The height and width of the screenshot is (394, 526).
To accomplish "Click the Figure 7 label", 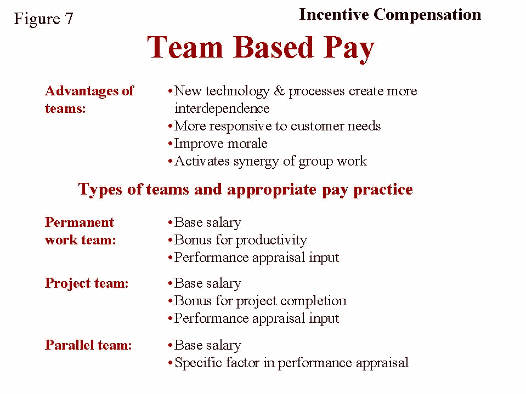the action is click(43, 19).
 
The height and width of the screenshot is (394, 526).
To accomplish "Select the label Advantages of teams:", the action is click(89, 100).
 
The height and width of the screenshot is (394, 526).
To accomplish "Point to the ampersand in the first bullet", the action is click(279, 91).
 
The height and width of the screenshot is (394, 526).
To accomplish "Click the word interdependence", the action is click(222, 109).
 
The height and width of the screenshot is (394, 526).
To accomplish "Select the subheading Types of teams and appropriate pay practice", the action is click(245, 190).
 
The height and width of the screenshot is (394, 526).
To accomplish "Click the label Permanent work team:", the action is click(81, 231).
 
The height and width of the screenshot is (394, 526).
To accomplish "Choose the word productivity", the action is click(272, 241).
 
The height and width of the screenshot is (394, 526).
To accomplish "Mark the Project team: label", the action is click(87, 284).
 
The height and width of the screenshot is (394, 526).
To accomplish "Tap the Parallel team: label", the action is click(88, 345).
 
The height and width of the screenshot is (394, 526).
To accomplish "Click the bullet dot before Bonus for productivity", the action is click(170, 240).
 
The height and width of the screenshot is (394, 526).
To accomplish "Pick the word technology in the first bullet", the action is click(237, 91).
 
